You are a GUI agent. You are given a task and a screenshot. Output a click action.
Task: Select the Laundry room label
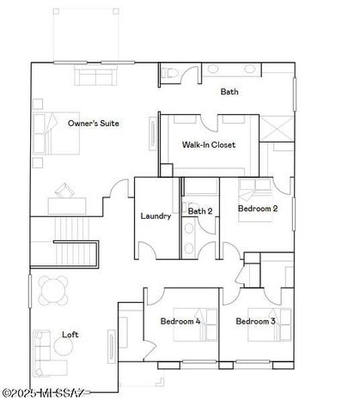click(156, 215)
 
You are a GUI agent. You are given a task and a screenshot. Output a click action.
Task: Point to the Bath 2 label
click(199, 210)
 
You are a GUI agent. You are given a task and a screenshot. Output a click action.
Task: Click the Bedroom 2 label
click(256, 209)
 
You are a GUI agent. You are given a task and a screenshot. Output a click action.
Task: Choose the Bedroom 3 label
click(255, 321)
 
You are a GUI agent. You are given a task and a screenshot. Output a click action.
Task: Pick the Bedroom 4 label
click(180, 321)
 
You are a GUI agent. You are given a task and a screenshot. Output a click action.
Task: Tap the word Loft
click(70, 335)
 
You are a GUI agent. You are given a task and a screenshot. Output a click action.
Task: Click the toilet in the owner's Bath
click(170, 76)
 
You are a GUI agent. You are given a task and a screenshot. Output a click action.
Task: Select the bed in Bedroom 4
click(186, 337)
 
